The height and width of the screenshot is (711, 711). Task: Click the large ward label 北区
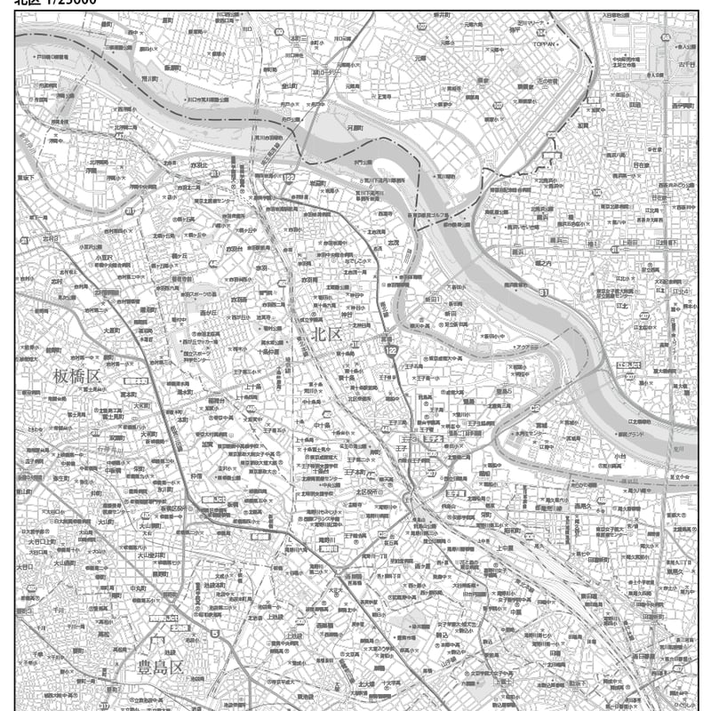coord(327,335)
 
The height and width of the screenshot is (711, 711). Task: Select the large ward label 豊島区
coord(158,666)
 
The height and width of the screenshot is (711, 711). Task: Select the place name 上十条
coord(252,387)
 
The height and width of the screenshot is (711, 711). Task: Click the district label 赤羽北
coord(197,165)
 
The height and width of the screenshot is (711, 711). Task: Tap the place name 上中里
coord(504,548)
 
